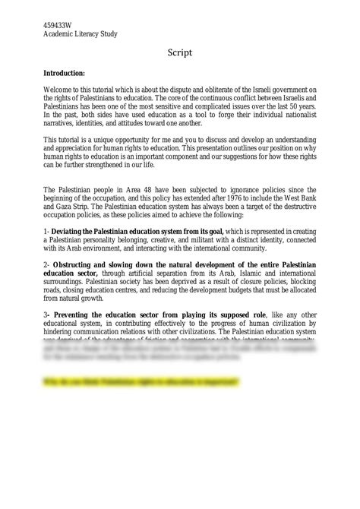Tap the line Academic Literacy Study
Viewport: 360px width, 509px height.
(80, 34)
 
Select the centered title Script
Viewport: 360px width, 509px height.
(180, 53)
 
